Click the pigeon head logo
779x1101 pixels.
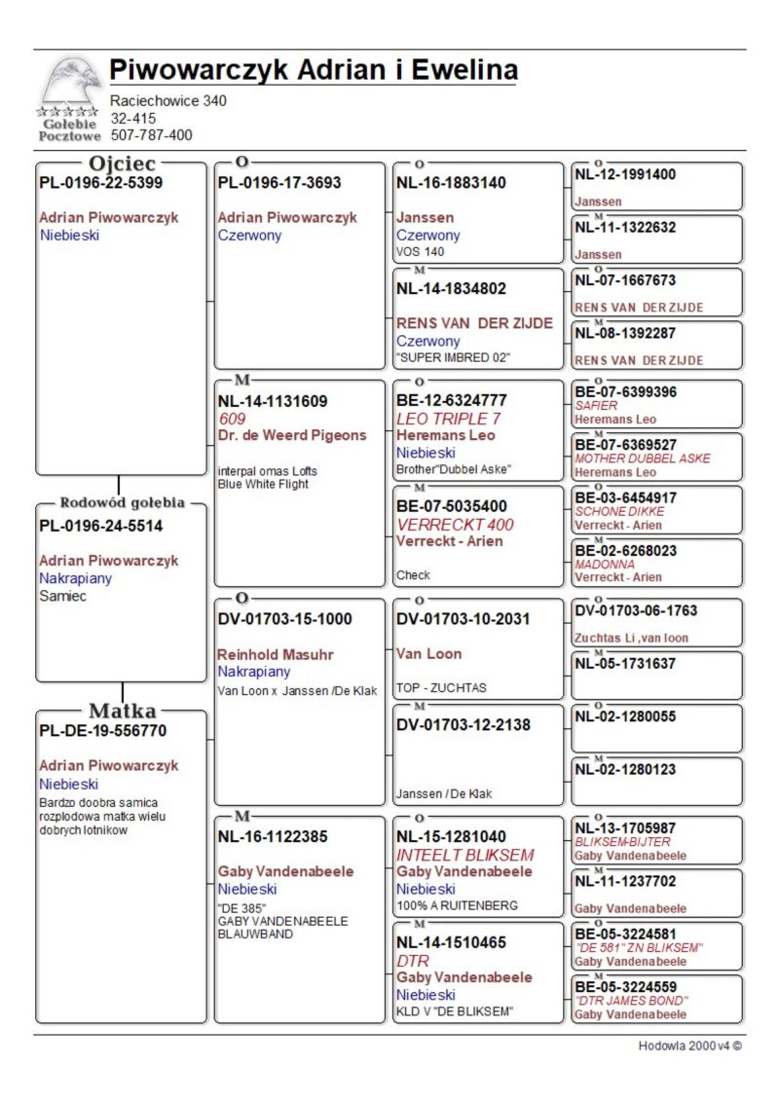point(70,85)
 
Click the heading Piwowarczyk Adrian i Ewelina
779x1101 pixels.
point(313,70)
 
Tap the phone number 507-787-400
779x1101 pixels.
point(151,135)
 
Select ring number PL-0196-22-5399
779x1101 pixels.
point(100,182)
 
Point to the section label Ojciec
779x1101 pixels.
point(122,164)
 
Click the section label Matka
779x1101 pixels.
point(122,711)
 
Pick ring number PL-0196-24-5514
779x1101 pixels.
point(100,526)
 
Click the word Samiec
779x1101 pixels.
point(62,596)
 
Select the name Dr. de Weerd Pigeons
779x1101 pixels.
point(292,435)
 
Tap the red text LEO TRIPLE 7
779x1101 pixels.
point(448,419)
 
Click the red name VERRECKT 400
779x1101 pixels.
point(455,525)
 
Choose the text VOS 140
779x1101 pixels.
point(420,251)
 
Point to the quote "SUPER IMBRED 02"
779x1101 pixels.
point(453,357)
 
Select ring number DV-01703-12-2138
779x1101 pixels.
point(464,725)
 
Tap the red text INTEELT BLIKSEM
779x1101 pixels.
point(464,855)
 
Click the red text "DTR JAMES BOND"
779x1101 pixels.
point(631,1001)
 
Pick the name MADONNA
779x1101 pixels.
point(605,564)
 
